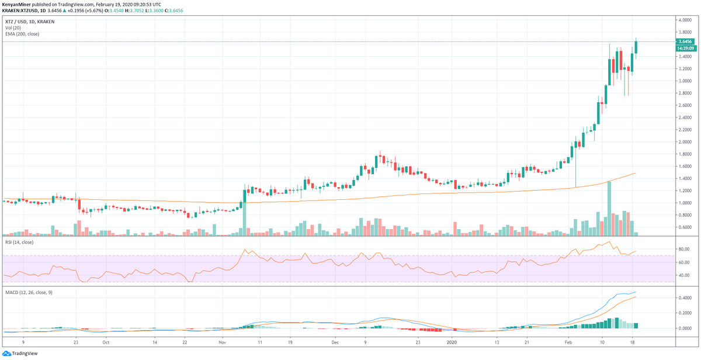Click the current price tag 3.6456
(685, 41)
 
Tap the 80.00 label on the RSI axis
(682, 249)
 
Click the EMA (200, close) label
(22, 33)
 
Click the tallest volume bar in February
(609, 208)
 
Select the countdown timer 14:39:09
(685, 49)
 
